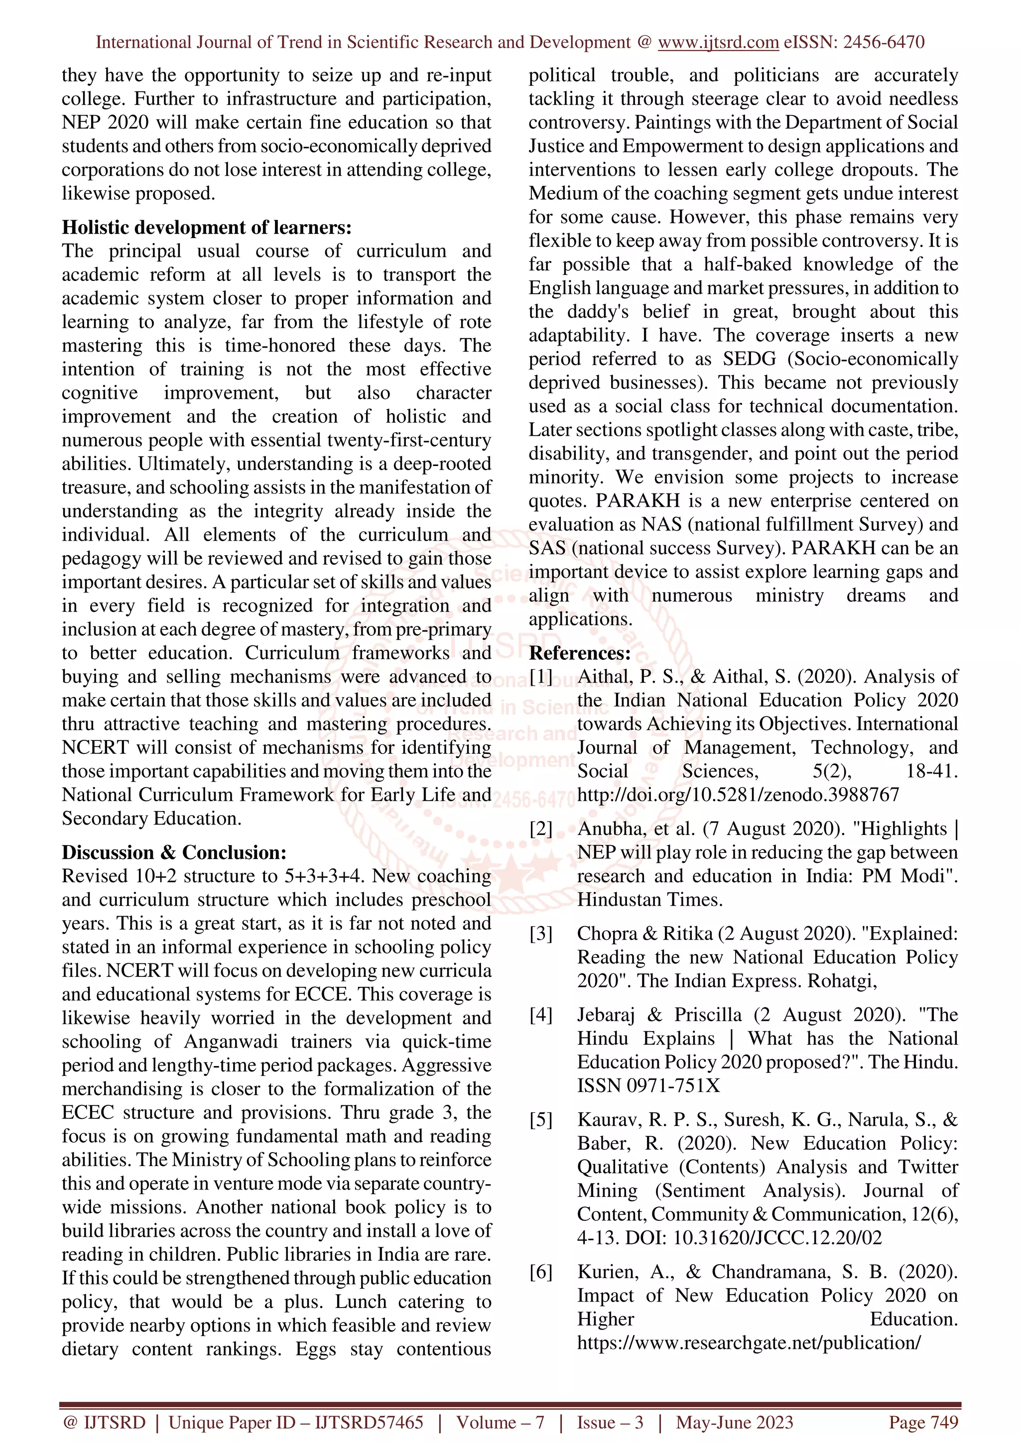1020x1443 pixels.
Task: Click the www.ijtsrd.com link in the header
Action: pyautogui.click(x=718, y=42)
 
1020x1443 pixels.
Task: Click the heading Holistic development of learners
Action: pyautogui.click(x=206, y=227)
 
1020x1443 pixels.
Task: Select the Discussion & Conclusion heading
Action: pyautogui.click(x=173, y=852)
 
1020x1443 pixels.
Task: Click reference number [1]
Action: pyautogui.click(x=540, y=677)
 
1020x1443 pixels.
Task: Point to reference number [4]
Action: pyautogui.click(x=540, y=1015)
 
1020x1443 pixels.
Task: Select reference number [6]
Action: pyautogui.click(x=540, y=1272)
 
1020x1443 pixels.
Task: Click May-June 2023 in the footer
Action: pyautogui.click(x=734, y=1422)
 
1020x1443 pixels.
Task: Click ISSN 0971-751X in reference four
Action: pyautogui.click(x=648, y=1086)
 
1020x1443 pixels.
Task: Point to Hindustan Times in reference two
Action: pyautogui.click(x=649, y=900)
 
